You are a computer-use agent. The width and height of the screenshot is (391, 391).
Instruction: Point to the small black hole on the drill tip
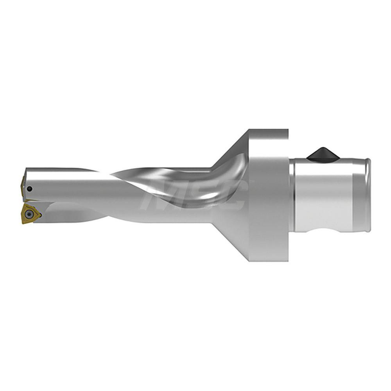(30, 189)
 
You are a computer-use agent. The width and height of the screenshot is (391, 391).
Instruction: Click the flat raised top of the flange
(270, 133)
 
